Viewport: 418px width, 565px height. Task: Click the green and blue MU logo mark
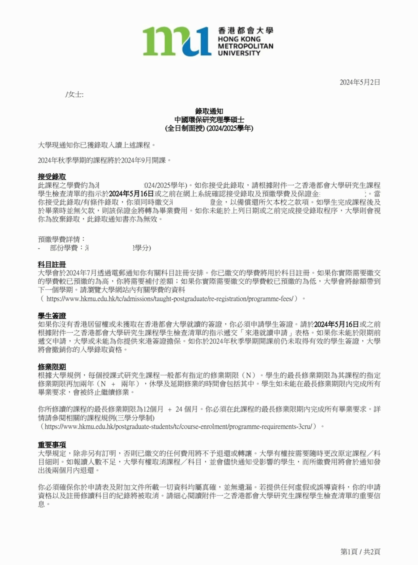pyautogui.click(x=177, y=41)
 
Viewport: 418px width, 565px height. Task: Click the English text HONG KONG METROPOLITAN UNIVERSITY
pyautogui.click(x=245, y=46)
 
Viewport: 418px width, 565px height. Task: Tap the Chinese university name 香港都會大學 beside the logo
pyautogui.click(x=245, y=31)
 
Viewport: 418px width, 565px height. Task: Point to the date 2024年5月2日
pyautogui.click(x=360, y=83)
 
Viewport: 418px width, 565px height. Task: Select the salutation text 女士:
pyautogui.click(x=75, y=95)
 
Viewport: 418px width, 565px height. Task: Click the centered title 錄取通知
pyautogui.click(x=209, y=111)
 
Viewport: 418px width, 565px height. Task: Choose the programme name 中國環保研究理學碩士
pyautogui.click(x=209, y=120)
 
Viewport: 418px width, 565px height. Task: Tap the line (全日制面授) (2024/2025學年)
pyautogui.click(x=209, y=128)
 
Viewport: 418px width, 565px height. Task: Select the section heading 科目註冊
pyautogui.click(x=52, y=265)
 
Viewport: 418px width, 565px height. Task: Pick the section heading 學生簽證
pyautogui.click(x=52, y=316)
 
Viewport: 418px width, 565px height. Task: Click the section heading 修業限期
pyautogui.click(x=52, y=367)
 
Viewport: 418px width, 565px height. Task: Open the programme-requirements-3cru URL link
pyautogui.click(x=178, y=427)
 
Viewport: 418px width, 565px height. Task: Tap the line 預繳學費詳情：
pyautogui.click(x=62, y=239)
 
